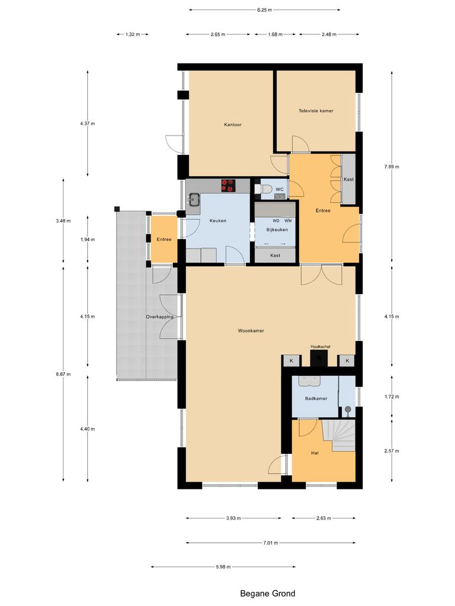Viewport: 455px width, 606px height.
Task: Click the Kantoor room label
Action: [232, 125]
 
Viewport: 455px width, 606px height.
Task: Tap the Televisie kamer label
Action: [316, 111]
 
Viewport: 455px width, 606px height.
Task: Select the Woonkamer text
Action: [251, 331]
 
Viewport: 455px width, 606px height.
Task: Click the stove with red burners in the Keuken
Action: [228, 185]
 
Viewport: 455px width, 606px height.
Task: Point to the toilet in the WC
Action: [265, 189]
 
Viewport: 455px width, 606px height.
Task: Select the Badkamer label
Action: [316, 398]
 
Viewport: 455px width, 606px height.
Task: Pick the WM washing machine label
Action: [288, 221]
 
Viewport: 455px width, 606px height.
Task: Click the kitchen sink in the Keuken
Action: [194, 199]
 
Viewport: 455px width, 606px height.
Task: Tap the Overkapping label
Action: [159, 317]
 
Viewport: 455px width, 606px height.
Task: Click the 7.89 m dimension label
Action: [392, 167]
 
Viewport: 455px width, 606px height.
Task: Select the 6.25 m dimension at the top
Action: [265, 9]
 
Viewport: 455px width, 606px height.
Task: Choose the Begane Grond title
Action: [267, 593]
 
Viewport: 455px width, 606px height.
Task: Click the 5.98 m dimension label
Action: [223, 567]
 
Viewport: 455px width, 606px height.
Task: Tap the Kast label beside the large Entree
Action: [348, 179]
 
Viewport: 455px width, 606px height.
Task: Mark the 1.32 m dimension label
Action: [132, 34]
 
